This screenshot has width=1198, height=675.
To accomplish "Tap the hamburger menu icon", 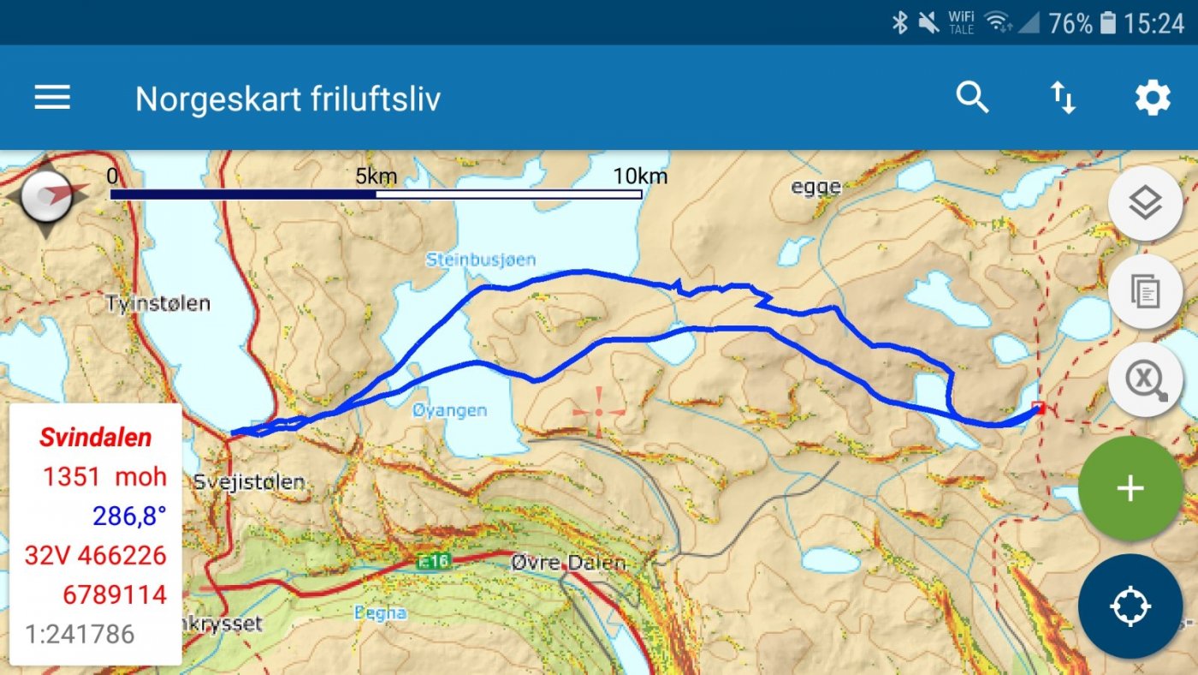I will coord(52,98).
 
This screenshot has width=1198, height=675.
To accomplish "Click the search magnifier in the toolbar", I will coord(972,98).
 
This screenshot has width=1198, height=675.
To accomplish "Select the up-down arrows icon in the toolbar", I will coord(1063,98).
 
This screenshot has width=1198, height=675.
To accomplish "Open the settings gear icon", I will coord(1153,98).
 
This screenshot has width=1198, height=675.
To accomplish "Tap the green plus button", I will coord(1130,488).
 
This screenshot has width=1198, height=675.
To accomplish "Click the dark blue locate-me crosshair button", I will coord(1130,606).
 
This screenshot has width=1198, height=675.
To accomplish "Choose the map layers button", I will coord(1145,204).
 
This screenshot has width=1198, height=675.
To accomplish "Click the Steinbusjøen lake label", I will coord(480,259).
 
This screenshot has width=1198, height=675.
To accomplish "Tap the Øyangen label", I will coord(449,410).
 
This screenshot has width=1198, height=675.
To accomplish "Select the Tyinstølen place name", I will coord(158,303).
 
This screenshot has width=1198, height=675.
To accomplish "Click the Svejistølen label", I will coord(248,481).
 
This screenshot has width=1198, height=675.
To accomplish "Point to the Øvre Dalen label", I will coord(568,563).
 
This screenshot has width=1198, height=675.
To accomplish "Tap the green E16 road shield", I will coord(434,562).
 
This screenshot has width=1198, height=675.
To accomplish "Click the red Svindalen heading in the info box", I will coord(96,437).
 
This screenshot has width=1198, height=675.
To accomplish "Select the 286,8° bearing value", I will coord(130,516).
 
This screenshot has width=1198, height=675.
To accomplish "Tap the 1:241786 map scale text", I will coord(80,634).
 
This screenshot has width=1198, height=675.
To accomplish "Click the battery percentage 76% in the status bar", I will coord(1070,23).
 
